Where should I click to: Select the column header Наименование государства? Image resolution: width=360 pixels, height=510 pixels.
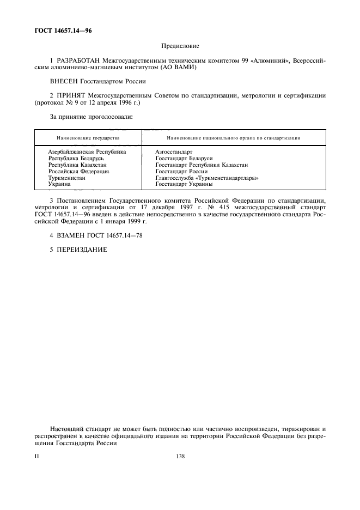[88, 138]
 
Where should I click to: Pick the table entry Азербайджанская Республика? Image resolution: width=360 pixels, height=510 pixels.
[87, 151]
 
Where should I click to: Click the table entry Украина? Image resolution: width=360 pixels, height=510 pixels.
[59, 184]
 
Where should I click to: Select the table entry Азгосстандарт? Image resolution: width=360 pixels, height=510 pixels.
[174, 151]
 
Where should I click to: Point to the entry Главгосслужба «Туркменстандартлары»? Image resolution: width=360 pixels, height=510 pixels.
[206, 178]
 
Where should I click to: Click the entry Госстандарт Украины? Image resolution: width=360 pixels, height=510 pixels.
[184, 184]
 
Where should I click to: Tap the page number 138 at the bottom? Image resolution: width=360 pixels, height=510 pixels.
[180, 457]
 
